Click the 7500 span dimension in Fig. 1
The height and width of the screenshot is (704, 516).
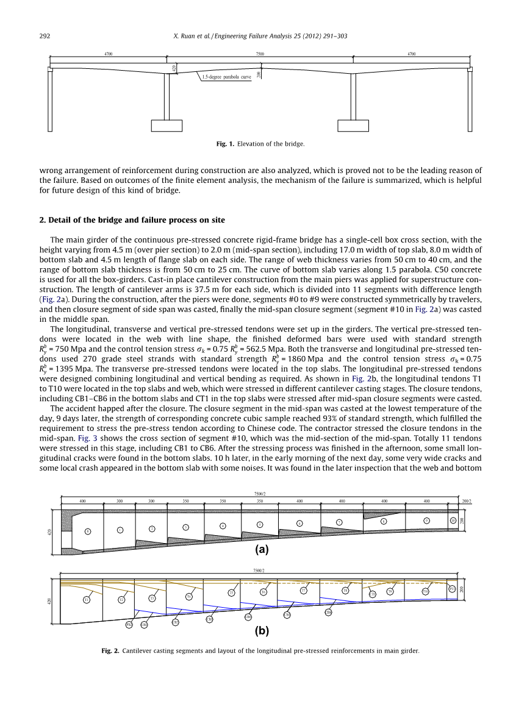point(260,54)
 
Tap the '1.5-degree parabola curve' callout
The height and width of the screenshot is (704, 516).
point(227,77)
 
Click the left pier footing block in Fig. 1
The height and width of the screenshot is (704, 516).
point(167,125)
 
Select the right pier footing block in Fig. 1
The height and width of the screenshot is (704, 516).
point(353,125)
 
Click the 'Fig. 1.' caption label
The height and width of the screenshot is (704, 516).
point(225,144)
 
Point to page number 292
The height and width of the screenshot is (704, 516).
point(45,37)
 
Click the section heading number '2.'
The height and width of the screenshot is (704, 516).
point(43,219)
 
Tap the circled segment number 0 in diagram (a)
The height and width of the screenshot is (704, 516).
point(88,532)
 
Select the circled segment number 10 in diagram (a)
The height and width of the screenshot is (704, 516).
point(453,520)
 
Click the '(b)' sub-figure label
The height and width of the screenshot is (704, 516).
point(262,631)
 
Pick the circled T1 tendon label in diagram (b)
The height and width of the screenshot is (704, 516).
point(87,600)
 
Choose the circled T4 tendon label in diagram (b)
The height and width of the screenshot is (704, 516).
point(189,597)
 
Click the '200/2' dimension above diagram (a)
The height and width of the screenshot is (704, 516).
point(467,500)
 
